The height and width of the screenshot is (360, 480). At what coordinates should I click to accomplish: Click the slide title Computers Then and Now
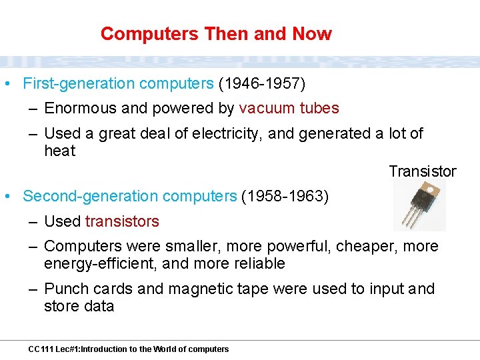click(x=216, y=33)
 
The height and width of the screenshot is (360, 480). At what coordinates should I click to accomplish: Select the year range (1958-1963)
click(x=285, y=197)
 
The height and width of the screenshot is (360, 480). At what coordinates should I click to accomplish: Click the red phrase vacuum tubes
click(x=289, y=108)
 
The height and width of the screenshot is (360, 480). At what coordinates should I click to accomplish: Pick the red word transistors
click(x=122, y=221)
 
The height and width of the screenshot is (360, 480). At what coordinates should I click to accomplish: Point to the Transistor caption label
click(x=423, y=171)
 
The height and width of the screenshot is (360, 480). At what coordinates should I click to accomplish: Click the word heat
click(x=60, y=151)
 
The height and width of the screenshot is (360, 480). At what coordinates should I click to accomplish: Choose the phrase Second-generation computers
click(x=130, y=197)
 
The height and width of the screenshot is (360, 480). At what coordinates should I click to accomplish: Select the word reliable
click(x=259, y=264)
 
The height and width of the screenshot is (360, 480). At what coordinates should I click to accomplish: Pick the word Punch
click(x=65, y=289)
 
